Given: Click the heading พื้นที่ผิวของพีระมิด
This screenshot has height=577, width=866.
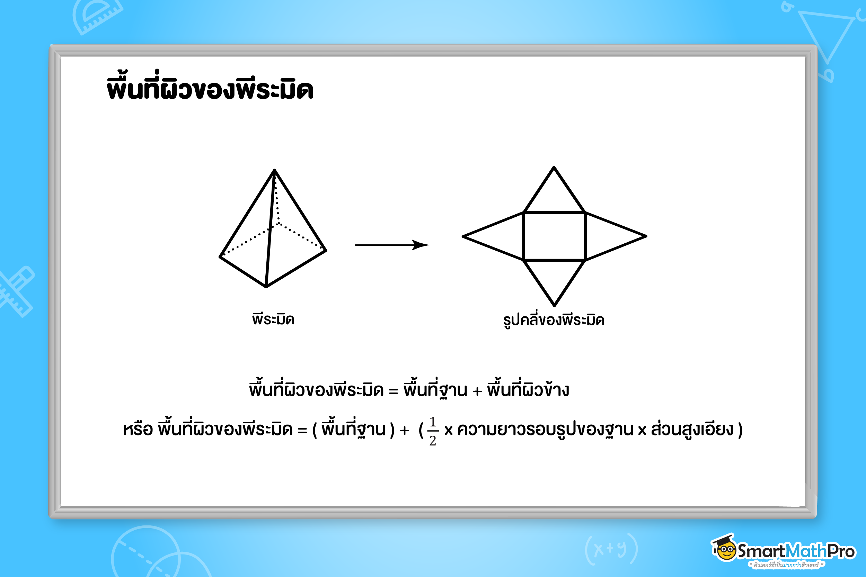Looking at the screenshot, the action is coord(210,87).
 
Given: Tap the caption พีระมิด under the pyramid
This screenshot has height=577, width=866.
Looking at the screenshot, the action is coord(273,318).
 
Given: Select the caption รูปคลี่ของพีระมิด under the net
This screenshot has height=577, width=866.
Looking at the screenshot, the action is coord(554,319).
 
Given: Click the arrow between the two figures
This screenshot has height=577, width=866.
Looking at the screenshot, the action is coord(392,245).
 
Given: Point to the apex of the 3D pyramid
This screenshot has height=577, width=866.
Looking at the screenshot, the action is coord(274,170).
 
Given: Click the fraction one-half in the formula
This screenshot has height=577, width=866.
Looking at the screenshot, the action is coord(433,431).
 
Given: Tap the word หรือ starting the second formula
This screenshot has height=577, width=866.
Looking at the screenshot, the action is coord(138,429).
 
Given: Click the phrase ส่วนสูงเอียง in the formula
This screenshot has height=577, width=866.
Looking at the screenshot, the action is coord(692,429).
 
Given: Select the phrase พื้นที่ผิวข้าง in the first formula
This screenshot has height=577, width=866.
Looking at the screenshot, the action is coord(528,389).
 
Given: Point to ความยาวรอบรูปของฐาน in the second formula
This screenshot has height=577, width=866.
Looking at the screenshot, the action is coord(545,430).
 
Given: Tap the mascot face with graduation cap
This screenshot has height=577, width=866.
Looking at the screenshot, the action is coord(724,548).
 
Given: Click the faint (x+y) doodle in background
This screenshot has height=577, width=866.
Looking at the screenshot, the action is coord(611,549).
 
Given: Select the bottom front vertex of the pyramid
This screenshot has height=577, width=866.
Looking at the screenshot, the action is coord(266,287).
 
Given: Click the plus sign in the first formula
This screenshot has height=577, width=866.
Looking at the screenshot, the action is coord(477,391).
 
